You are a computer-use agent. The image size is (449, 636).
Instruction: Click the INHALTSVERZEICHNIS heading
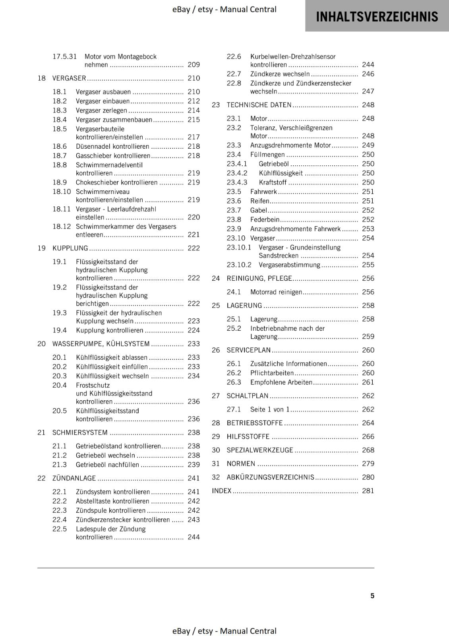(x=377, y=17)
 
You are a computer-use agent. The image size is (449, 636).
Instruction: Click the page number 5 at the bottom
(x=372, y=595)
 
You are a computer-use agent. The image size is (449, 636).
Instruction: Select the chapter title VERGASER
(x=69, y=78)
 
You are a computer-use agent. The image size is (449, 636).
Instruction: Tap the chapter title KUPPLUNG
(x=70, y=248)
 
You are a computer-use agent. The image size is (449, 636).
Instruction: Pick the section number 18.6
(x=60, y=146)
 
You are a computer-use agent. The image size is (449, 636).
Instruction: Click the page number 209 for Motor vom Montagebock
(x=194, y=65)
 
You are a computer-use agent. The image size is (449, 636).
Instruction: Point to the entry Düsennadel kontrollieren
(x=112, y=146)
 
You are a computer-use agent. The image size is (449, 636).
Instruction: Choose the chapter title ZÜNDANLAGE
(x=74, y=478)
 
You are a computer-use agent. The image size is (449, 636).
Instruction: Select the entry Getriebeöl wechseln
(x=105, y=456)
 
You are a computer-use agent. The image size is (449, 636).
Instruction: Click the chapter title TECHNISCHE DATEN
(x=259, y=105)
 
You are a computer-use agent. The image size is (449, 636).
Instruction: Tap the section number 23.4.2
(x=237, y=173)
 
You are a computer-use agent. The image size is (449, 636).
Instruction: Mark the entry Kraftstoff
(x=273, y=182)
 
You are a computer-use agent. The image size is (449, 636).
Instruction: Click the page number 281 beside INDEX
(x=368, y=491)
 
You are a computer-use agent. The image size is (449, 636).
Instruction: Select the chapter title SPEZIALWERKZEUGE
(x=260, y=450)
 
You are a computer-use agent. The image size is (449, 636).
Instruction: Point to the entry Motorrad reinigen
(x=276, y=292)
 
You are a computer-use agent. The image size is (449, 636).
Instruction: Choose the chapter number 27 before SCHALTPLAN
(x=216, y=396)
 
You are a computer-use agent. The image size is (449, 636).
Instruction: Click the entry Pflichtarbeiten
(x=272, y=373)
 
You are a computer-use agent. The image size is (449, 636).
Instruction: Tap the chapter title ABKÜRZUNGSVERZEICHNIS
(x=270, y=477)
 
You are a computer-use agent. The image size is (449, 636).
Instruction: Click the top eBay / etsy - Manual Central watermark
(x=224, y=10)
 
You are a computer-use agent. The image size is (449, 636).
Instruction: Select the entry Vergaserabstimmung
(x=289, y=265)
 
